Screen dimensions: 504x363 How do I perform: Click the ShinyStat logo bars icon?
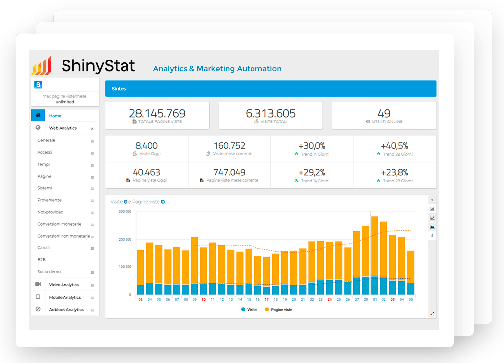coord(42,66)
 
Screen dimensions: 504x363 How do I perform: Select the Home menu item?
coord(55,116)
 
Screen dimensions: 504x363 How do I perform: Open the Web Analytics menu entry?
coord(63,128)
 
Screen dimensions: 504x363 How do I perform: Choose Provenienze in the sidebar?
coord(49,200)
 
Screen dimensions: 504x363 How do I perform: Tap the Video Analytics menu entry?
coord(63,285)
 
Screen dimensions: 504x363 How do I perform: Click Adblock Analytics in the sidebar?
coord(66,309)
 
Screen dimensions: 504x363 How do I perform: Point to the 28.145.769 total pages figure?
coord(157,113)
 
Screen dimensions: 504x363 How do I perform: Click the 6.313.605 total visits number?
coord(270,113)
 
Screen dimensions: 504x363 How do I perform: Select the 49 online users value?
coord(384,113)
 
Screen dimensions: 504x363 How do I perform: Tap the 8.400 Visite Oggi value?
coord(146,146)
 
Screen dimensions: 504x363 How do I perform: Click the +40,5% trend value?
coord(394,146)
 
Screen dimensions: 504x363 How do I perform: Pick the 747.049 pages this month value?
coord(229,172)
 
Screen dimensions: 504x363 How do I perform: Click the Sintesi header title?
coord(119,89)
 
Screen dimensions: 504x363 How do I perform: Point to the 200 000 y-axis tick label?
coord(125,240)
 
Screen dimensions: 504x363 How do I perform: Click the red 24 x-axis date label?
coord(329,299)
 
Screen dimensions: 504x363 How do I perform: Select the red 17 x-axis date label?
coord(266,299)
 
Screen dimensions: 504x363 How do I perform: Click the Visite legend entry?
coord(249,309)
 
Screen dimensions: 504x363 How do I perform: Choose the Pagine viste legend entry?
coord(278,309)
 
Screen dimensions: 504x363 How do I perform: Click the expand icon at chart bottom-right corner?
coord(432,314)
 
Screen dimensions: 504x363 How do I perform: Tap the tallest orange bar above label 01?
coord(375,246)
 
